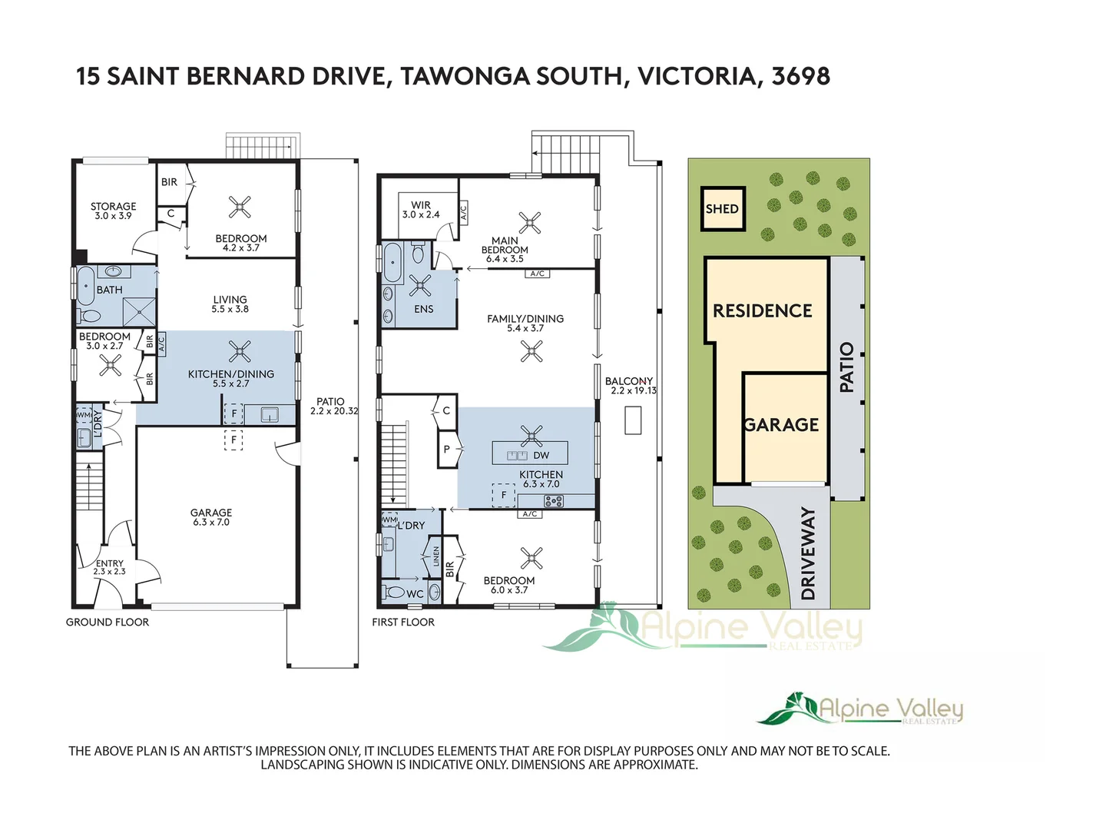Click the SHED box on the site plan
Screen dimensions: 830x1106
click(x=723, y=209)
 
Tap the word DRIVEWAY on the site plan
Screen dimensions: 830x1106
click(x=808, y=553)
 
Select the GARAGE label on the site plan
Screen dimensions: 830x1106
click(x=781, y=425)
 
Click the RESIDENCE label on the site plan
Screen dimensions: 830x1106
click(x=762, y=311)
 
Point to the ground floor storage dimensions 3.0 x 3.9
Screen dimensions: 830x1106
click(x=113, y=217)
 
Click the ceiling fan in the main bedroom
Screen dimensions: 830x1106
click(x=530, y=223)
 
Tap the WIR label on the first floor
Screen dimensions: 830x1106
click(x=421, y=205)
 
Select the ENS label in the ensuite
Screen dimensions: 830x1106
click(x=423, y=309)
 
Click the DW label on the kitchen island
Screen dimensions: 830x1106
click(x=541, y=455)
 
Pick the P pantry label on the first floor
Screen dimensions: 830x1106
click(x=447, y=450)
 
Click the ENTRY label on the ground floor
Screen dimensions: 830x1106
click(x=109, y=563)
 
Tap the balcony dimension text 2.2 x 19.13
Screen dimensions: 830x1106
click(x=634, y=391)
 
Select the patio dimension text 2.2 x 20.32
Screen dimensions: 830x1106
click(x=334, y=411)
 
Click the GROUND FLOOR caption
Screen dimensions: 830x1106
click(x=108, y=622)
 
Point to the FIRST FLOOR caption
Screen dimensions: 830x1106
click(x=403, y=622)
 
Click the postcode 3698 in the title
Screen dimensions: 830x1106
click(x=800, y=76)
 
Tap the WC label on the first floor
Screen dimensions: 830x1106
click(x=415, y=594)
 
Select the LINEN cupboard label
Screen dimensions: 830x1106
click(x=436, y=556)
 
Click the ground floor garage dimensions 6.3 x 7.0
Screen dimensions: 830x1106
click(x=211, y=523)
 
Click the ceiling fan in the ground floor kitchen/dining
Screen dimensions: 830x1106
click(x=240, y=352)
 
